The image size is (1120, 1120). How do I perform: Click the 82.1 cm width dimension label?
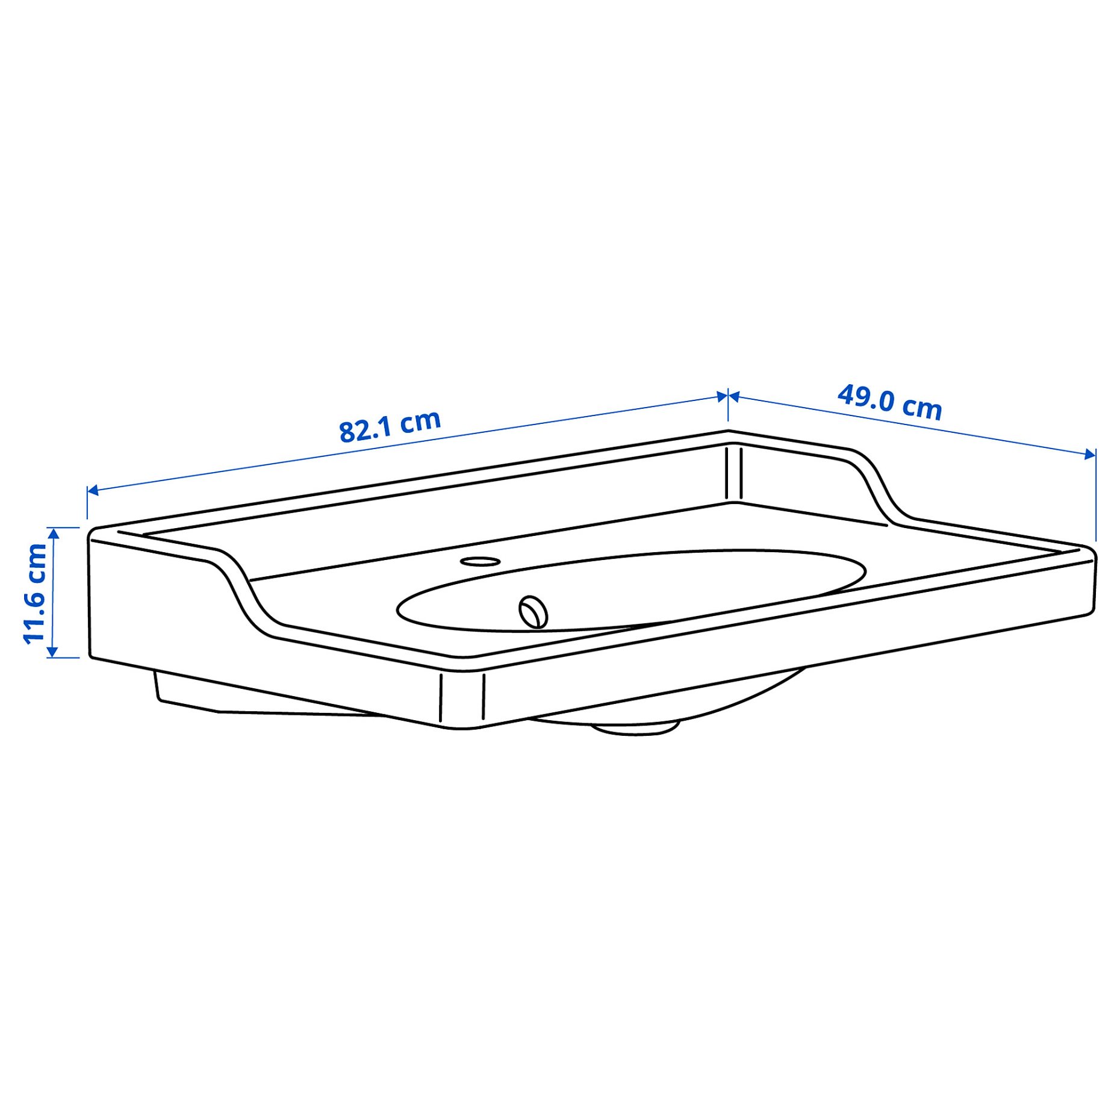point(390,426)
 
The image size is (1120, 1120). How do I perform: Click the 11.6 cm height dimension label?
point(35,593)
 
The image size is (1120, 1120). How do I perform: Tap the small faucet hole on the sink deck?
point(480,561)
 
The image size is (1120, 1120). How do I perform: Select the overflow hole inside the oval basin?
point(533,612)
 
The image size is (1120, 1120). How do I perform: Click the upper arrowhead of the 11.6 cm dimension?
point(53,534)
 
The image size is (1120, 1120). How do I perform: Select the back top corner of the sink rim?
point(729,432)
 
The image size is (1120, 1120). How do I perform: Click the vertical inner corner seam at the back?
point(733,473)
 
